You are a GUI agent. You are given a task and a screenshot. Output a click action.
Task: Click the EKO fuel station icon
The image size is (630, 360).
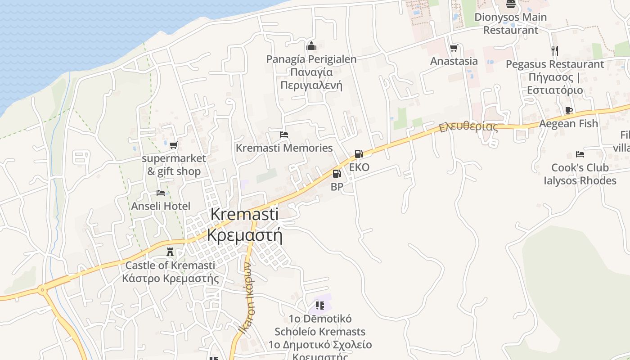click(359, 154)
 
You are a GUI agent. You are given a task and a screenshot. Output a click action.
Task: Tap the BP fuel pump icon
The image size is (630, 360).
click(337, 174)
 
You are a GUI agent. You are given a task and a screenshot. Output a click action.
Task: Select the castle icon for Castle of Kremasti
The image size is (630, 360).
click(170, 252)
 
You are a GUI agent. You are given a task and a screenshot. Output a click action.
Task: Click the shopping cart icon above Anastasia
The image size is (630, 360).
click(454, 48)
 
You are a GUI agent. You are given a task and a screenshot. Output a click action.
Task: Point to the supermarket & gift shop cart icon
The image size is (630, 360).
click(173, 145)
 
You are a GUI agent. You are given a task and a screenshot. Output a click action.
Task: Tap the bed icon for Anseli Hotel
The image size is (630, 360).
click(161, 193)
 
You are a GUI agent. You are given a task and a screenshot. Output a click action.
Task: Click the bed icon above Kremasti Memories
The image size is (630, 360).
click(283, 135)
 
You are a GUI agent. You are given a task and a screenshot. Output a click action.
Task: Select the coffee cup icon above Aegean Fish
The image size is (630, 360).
click(568, 110)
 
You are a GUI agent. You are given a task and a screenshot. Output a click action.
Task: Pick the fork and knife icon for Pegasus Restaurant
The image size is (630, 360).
click(554, 50)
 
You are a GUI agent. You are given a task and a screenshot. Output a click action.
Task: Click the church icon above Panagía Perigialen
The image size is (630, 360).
click(311, 46)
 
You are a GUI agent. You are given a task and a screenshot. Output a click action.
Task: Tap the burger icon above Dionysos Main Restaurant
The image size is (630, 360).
click(510, 4)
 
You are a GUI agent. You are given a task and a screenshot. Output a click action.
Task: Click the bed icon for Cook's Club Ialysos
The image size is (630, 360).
click(580, 154)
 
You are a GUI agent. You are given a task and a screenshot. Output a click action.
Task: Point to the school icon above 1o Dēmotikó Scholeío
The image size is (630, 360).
click(320, 306)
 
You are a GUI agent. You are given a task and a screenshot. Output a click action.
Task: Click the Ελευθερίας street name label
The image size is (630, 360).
click(468, 126)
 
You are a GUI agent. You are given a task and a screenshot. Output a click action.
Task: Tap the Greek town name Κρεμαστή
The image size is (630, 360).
click(244, 235)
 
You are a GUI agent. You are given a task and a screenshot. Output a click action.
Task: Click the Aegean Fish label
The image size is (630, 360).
click(568, 123)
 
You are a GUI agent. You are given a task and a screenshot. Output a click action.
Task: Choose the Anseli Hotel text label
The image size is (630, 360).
click(161, 206)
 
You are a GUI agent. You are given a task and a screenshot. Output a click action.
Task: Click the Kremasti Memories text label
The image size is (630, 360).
click(284, 148)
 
